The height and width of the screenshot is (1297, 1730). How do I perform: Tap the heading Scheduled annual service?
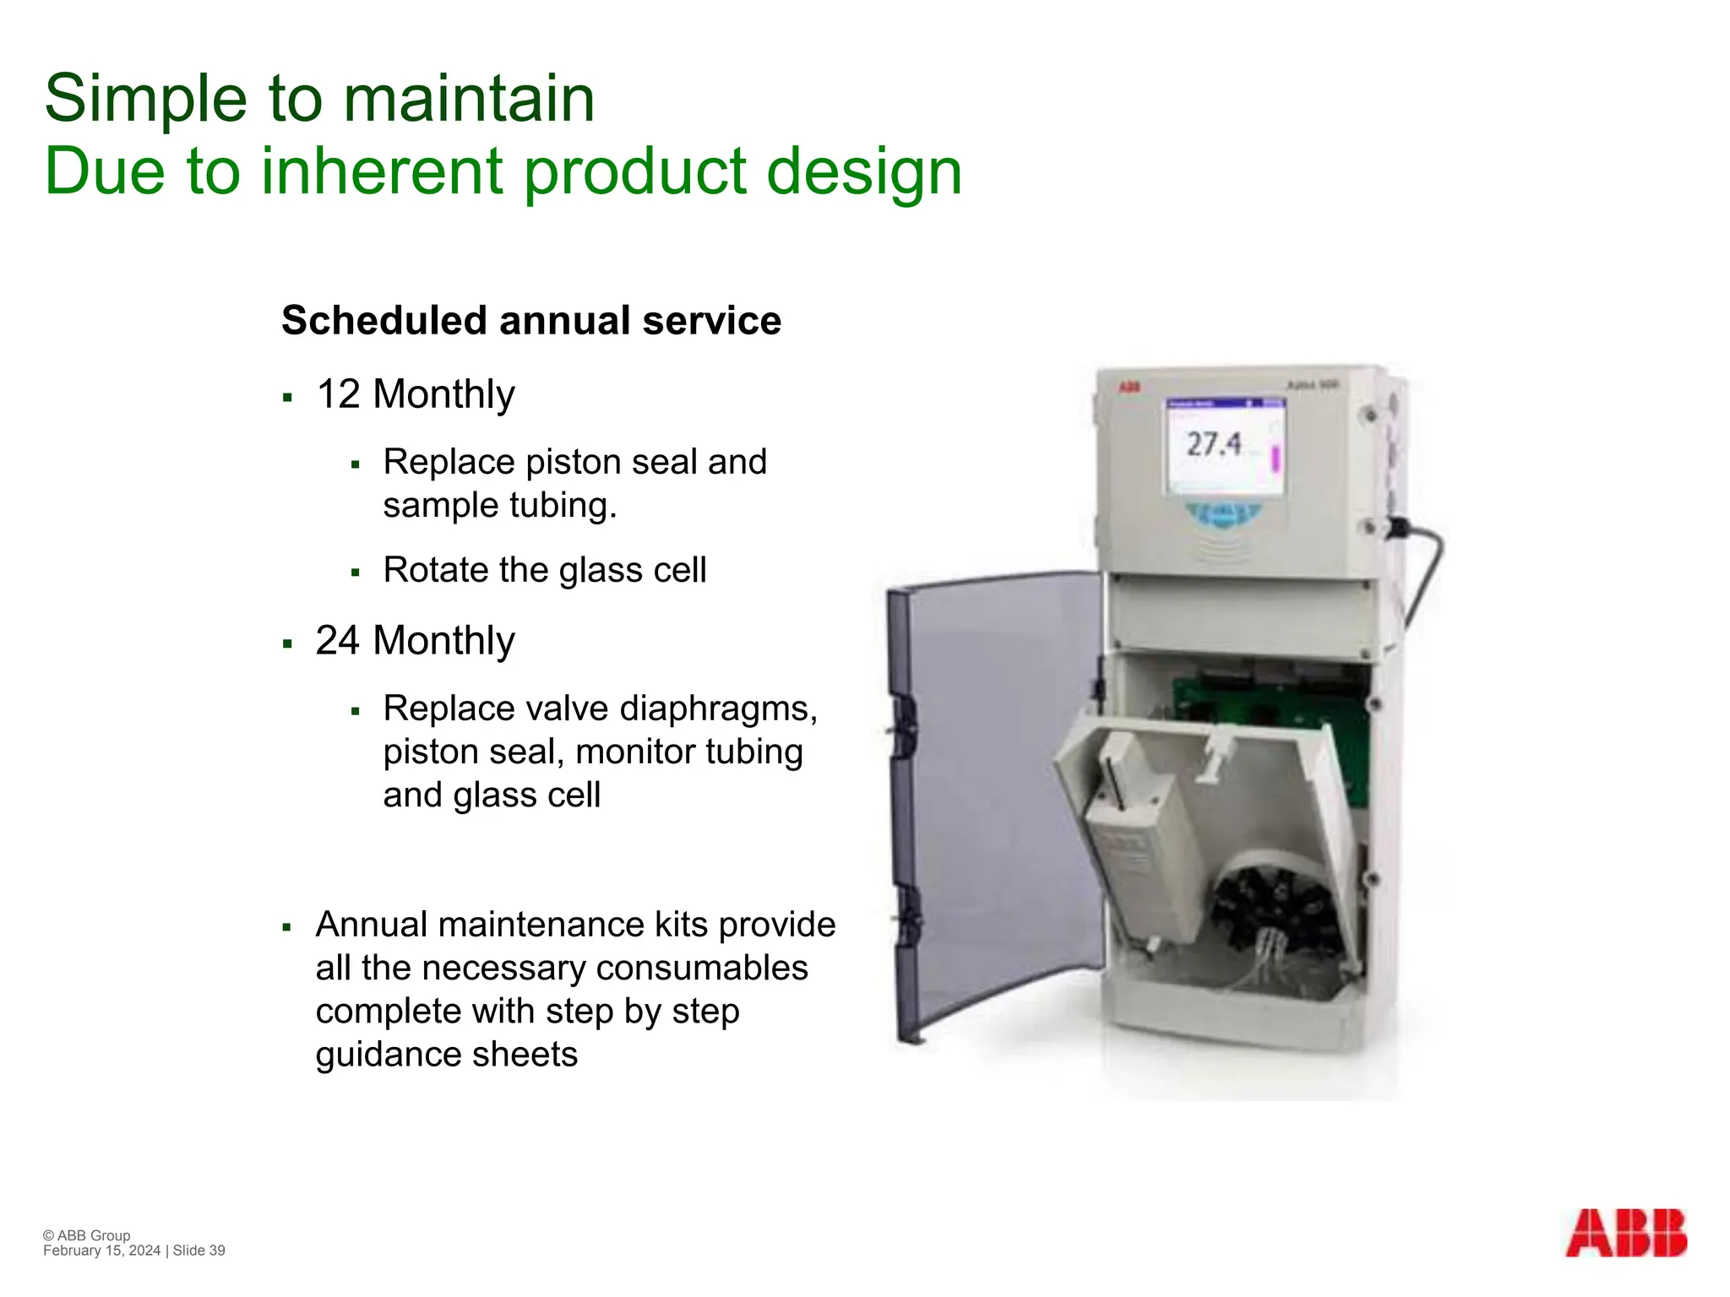(530, 321)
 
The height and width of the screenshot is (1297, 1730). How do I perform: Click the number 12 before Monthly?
(338, 394)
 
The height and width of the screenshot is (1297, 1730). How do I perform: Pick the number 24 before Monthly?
(338, 641)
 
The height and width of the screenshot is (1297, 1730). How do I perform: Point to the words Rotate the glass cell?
(544, 570)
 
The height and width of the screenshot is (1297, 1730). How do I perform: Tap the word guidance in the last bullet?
(388, 1055)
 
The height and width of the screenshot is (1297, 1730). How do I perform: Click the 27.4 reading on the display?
(1213, 444)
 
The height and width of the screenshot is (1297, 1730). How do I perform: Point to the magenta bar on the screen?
(1276, 459)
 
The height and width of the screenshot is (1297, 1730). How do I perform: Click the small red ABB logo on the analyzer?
(1129, 387)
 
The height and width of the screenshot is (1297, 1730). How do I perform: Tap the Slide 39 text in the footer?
(199, 1251)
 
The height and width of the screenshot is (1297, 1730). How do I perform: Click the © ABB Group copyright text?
(87, 1235)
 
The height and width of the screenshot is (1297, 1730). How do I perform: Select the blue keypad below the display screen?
(1222, 513)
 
